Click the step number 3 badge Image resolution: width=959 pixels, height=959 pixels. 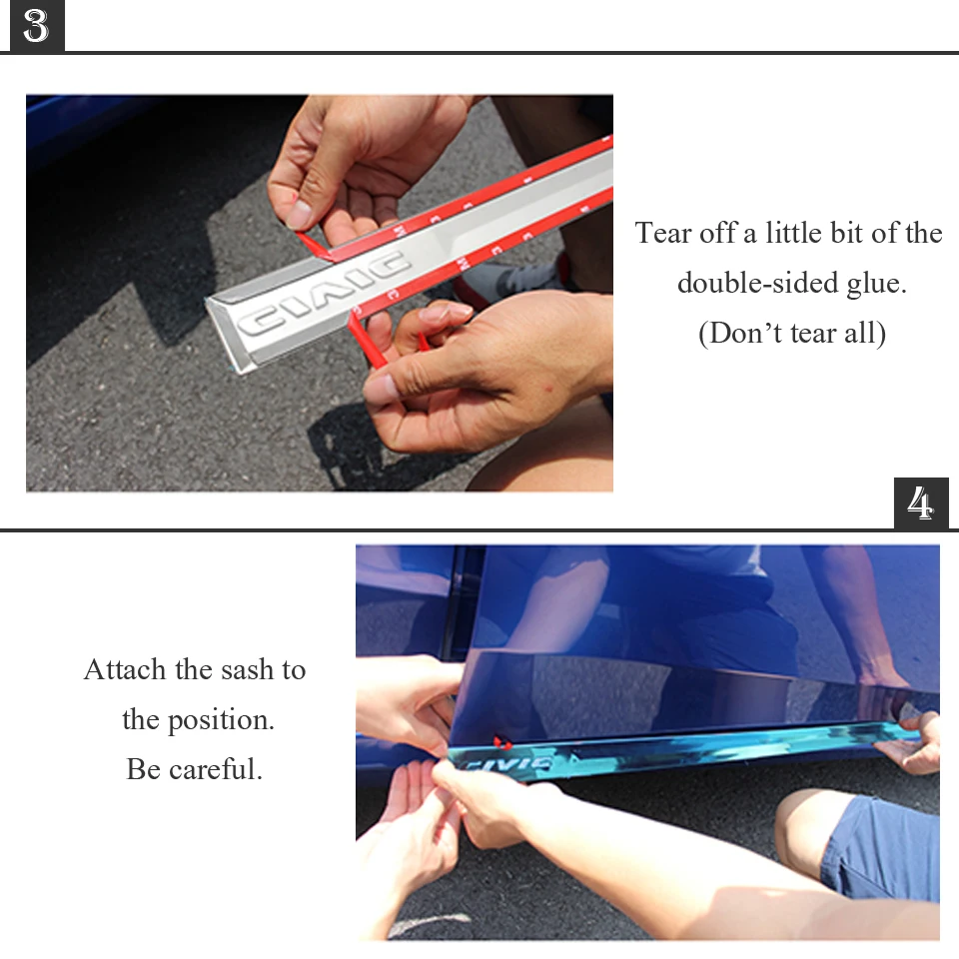click(37, 26)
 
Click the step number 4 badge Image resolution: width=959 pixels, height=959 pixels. click(921, 502)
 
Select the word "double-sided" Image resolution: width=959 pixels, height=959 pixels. click(757, 283)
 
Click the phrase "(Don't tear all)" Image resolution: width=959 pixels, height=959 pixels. click(792, 334)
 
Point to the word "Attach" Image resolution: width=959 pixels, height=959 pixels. click(125, 669)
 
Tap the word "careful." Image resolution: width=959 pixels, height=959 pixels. click(216, 769)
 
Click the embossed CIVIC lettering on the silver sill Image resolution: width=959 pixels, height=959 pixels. click(323, 295)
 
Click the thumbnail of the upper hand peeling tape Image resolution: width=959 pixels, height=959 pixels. click(299, 215)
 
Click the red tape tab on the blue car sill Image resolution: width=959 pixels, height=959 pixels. click(502, 742)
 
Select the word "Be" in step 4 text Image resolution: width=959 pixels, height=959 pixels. click(144, 769)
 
